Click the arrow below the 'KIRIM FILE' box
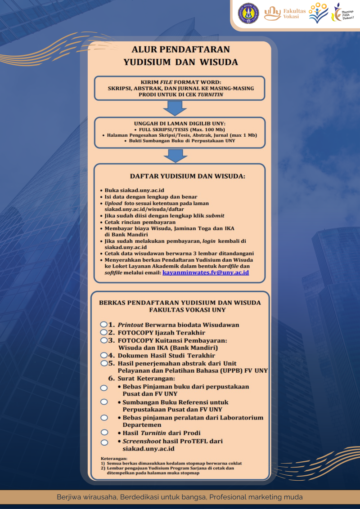pos(175,108)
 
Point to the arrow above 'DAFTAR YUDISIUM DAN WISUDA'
pos(175,155)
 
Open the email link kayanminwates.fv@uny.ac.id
pos(206,272)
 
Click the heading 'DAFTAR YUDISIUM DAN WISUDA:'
pos(188,176)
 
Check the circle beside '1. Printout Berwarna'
pos(103,324)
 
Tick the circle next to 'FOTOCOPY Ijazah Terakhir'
pos(103,332)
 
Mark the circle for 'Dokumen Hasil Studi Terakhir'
pos(103,355)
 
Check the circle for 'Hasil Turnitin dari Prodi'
pos(104,433)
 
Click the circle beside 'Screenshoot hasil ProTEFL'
pos(104,442)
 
